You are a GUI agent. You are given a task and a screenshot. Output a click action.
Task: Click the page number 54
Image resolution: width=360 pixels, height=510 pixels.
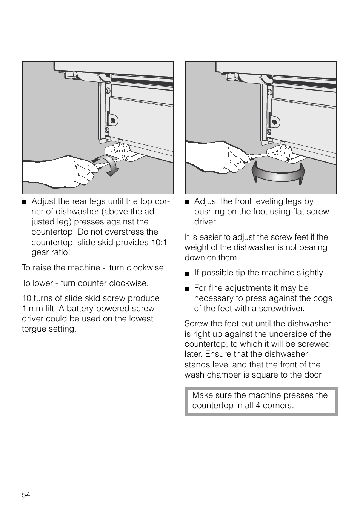click(x=26, y=495)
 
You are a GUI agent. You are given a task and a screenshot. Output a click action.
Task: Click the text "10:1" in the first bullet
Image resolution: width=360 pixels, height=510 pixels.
click(x=160, y=242)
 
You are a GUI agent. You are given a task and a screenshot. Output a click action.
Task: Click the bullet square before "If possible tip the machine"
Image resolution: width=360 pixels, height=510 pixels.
click(x=186, y=273)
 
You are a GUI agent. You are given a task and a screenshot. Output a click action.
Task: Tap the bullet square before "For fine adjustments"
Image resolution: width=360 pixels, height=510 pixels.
click(x=186, y=289)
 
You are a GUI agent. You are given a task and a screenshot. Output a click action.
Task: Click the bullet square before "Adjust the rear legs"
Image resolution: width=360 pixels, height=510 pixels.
click(x=24, y=202)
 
